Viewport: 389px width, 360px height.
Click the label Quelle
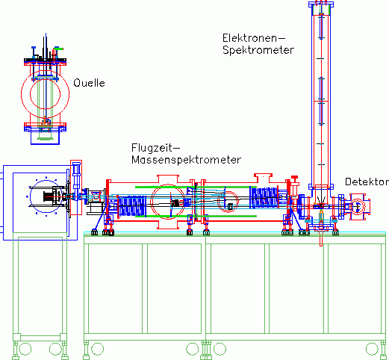click(x=89, y=83)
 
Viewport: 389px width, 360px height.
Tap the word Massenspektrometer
click(x=186, y=160)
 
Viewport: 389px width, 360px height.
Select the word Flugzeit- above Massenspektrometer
click(x=155, y=148)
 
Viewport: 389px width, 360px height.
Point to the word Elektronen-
click(x=254, y=38)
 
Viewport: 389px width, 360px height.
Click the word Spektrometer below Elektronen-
click(x=258, y=50)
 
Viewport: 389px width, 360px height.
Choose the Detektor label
click(x=367, y=181)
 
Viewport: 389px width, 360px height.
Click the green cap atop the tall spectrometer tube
click(x=321, y=10)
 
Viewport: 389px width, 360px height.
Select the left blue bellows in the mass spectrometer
click(x=132, y=206)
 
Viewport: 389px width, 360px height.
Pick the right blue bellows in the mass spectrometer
click(x=264, y=198)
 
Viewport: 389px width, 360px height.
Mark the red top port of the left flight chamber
click(x=168, y=179)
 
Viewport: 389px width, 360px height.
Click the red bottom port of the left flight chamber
click(x=168, y=225)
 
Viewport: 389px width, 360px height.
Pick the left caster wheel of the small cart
click(x=25, y=349)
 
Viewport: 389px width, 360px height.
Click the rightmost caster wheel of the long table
click(x=372, y=349)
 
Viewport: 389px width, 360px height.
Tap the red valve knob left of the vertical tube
click(x=294, y=179)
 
